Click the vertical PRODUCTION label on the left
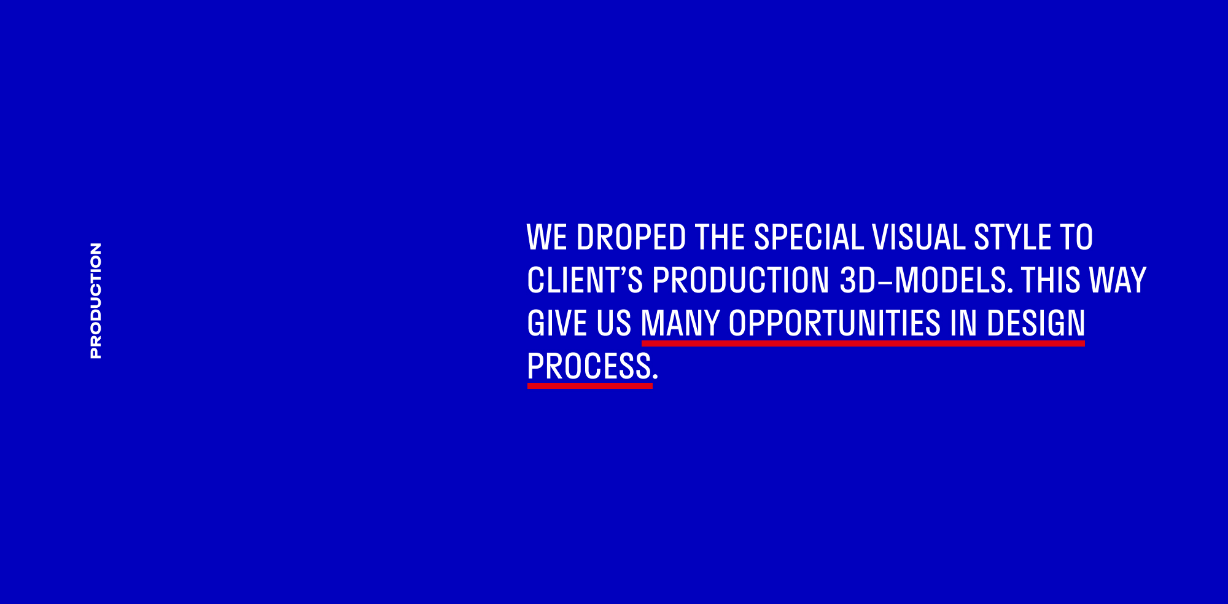[x=96, y=300]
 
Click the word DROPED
[x=631, y=238]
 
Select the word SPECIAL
[x=809, y=238]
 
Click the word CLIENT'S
[x=585, y=280]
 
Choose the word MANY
[x=680, y=324]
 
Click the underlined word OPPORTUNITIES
[x=834, y=324]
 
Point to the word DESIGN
[x=1036, y=324]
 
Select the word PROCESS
[x=589, y=367]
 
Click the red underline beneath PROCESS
[x=590, y=386]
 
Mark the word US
[x=614, y=324]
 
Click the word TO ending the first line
[x=1076, y=238]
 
